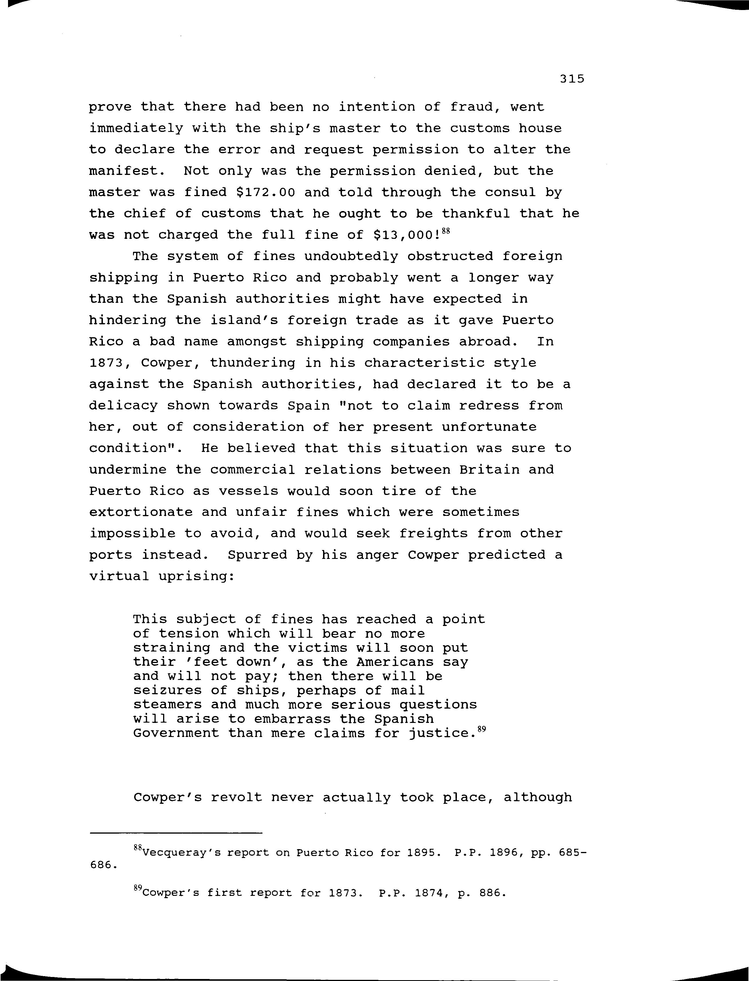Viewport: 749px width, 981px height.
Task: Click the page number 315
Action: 572,79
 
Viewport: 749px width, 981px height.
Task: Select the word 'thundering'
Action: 252,363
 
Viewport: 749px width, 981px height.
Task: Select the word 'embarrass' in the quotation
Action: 292,719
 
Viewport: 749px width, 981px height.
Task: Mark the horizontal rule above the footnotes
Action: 176,832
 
